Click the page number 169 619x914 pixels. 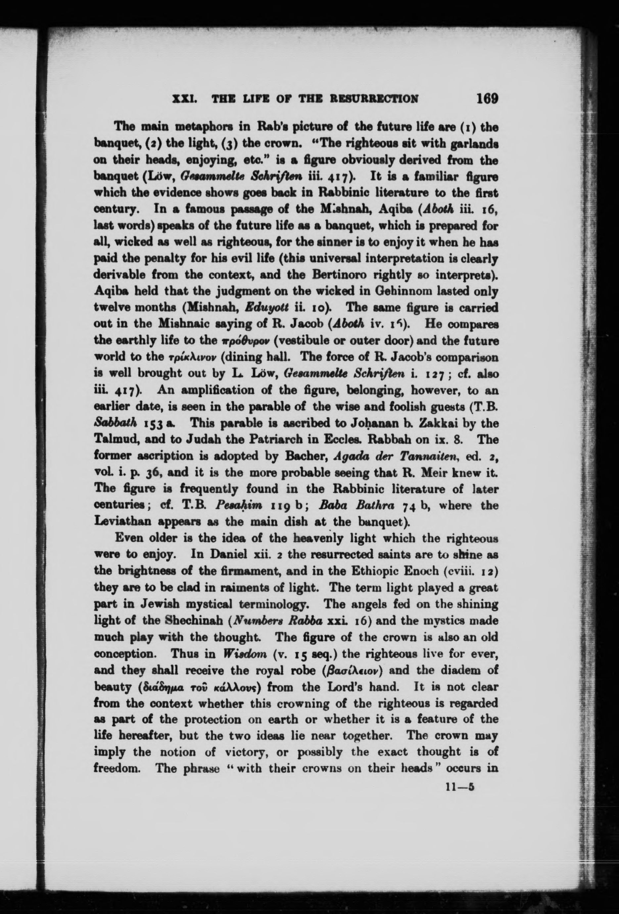click(x=487, y=98)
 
